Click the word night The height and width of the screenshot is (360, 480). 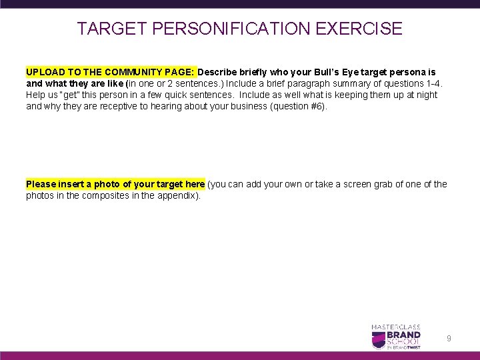pos(425,94)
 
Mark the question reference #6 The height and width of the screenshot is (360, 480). pos(317,106)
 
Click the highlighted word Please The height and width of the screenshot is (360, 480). pos(41,184)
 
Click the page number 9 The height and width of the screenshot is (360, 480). pos(449,339)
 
